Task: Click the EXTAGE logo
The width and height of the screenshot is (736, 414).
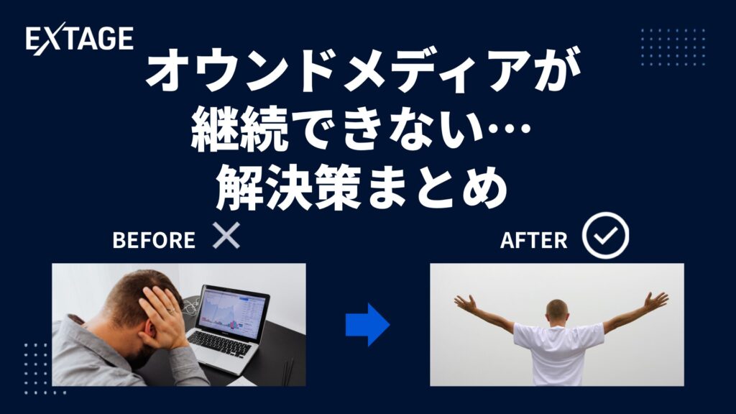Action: (x=79, y=40)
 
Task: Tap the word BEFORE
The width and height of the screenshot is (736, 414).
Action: (x=154, y=240)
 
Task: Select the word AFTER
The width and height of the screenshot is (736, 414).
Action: (x=534, y=240)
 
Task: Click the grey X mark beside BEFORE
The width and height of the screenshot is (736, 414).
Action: (x=226, y=236)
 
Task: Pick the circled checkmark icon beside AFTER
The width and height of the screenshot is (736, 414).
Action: (x=605, y=236)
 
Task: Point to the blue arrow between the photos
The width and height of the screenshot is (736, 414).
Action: (x=367, y=324)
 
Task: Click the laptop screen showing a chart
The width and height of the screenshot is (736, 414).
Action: (x=232, y=309)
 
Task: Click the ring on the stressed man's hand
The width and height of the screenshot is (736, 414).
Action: (x=172, y=310)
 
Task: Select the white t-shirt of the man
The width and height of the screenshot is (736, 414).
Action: (x=558, y=353)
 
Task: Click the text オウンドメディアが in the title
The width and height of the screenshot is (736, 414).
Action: (x=364, y=70)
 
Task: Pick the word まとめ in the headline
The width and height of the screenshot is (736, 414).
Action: (x=436, y=187)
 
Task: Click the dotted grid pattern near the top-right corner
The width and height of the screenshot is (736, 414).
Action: (x=673, y=47)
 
